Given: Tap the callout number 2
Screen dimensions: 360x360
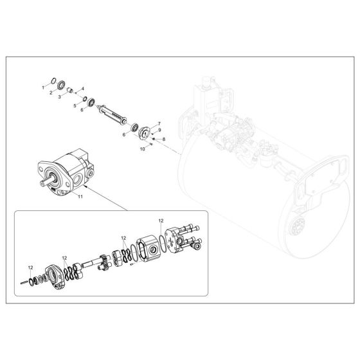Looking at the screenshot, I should [52, 93].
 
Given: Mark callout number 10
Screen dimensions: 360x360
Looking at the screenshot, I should [143, 150].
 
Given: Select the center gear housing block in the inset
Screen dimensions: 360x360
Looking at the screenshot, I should [155, 246].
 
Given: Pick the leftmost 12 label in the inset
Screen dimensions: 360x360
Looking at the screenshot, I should [30, 267].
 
